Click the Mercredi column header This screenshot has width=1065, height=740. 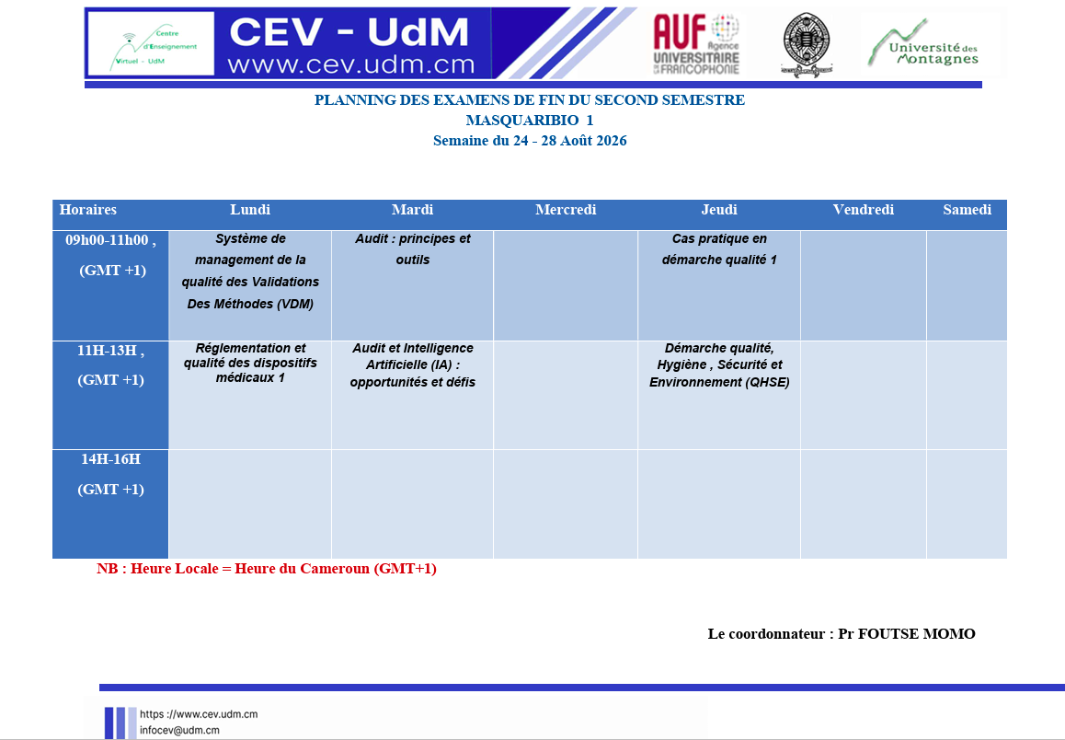[x=565, y=210]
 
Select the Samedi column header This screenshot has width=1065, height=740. [x=967, y=210]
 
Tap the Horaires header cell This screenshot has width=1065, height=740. [x=87, y=210]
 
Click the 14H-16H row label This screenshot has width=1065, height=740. [x=110, y=474]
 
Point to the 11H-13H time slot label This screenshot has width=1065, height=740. [x=110, y=364]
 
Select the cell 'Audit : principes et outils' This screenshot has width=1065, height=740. [x=412, y=249]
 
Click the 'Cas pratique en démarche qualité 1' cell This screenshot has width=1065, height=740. [x=718, y=249]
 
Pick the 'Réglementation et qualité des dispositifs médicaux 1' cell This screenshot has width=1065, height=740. [x=250, y=363]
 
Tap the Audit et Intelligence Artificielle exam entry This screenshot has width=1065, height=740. [x=412, y=364]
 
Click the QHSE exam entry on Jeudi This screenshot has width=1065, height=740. [x=718, y=364]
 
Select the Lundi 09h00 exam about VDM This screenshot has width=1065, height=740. [x=250, y=272]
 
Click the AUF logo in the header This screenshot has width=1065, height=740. [x=695, y=44]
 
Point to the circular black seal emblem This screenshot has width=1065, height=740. [x=807, y=44]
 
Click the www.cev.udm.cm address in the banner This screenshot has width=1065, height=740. [x=351, y=64]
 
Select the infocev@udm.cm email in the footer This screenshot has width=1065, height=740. [x=179, y=731]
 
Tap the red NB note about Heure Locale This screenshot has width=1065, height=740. [x=267, y=569]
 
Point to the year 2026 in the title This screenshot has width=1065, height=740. [x=612, y=141]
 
